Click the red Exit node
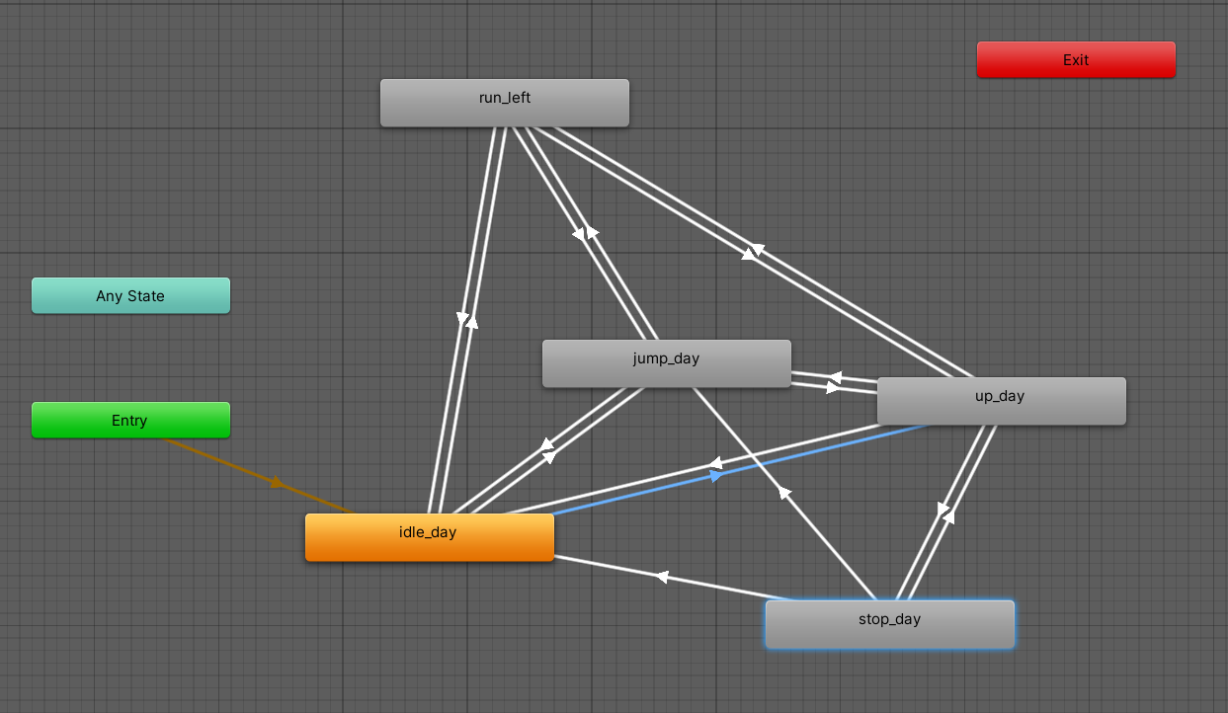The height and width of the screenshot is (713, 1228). coord(1076,59)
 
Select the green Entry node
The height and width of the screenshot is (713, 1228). coord(130,420)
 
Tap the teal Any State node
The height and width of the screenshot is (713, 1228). coord(130,295)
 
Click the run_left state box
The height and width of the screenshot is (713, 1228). coord(504,103)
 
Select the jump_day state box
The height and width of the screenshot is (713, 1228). coord(666,363)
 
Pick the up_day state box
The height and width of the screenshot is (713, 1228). coord(1001,401)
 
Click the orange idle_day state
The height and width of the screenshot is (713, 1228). coord(429,537)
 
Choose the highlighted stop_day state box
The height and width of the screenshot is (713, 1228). coord(889,624)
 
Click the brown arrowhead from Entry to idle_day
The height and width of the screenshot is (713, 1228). coord(278,483)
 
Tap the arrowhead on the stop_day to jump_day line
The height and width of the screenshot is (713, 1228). coord(784,491)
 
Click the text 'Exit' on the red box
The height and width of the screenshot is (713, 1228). coord(1076,59)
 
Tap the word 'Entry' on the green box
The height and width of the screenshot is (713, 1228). coord(129,421)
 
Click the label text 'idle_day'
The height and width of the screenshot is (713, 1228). coord(428,532)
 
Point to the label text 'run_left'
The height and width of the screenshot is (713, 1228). coord(505,97)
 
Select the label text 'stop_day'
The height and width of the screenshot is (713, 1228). coord(889,619)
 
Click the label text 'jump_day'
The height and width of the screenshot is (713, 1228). coord(666,357)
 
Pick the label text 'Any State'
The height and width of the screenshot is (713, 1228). coord(130,295)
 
